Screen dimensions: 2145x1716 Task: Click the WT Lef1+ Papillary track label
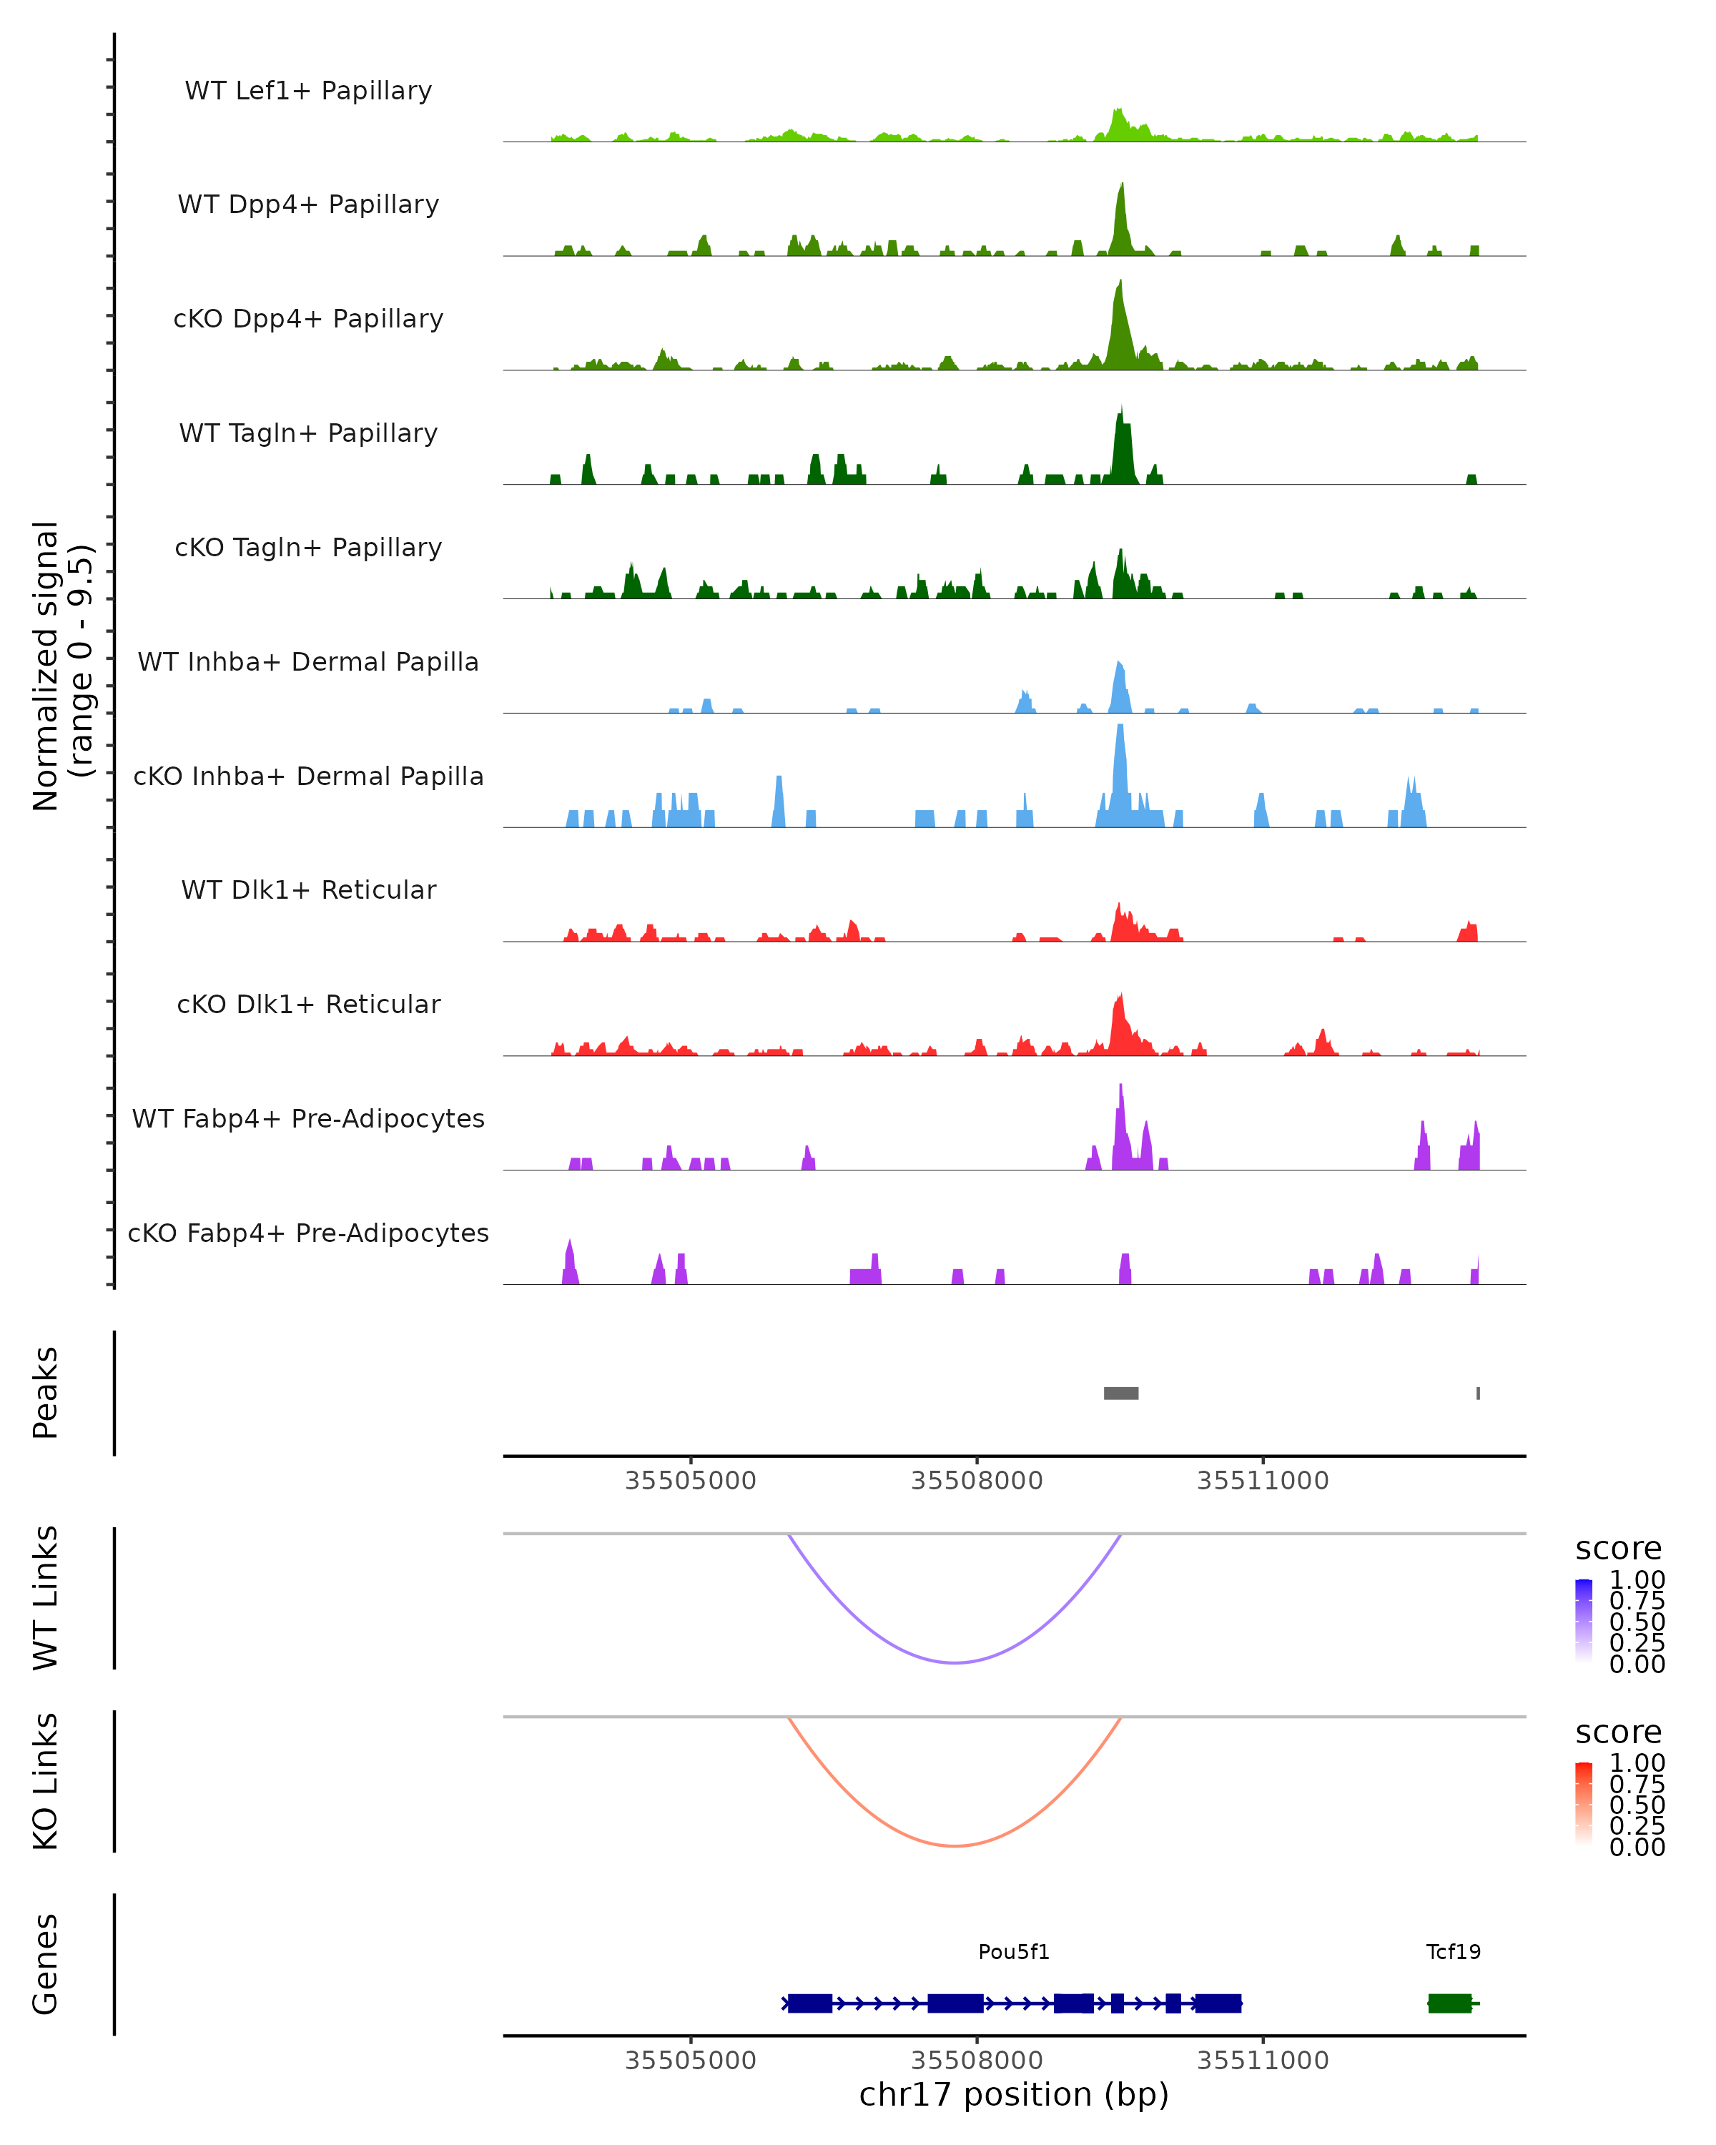point(308,91)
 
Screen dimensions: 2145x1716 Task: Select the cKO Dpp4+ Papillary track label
point(308,318)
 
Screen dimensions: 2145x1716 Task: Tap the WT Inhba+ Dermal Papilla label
point(308,661)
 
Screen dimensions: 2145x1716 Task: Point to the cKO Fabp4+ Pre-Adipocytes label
point(308,1233)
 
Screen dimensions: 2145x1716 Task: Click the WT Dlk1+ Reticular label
point(308,889)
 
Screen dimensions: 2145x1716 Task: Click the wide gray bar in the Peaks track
point(1121,1393)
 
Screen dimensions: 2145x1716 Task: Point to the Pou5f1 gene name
point(1014,1952)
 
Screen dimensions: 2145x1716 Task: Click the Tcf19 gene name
point(1454,1952)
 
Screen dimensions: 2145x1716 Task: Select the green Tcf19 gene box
point(1449,2003)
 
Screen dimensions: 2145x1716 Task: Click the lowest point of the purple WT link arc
point(955,1662)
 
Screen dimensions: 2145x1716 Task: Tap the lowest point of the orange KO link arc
point(955,1845)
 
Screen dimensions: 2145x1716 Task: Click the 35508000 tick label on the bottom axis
point(977,2061)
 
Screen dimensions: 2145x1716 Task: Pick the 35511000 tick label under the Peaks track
point(1263,1481)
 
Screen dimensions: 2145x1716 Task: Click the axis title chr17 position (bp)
point(1014,2095)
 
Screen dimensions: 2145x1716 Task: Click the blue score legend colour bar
point(1584,1621)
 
